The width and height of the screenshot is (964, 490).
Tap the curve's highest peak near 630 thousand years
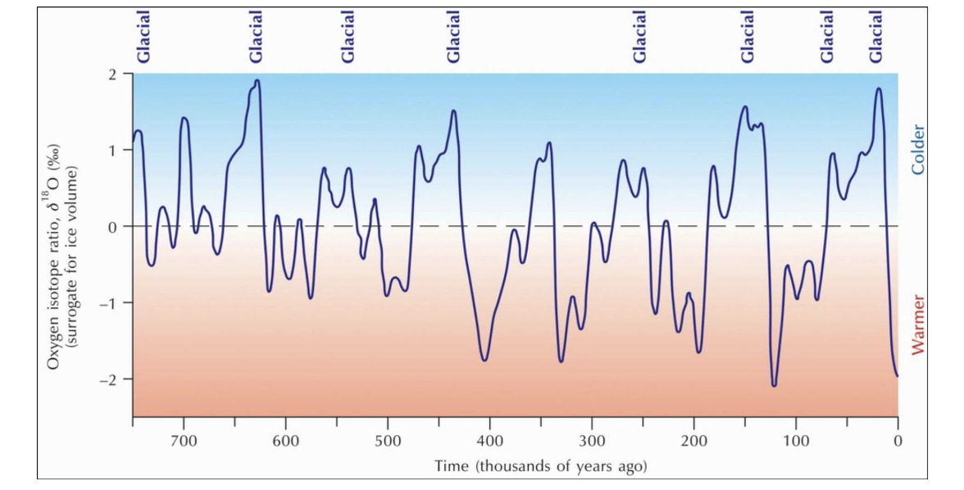click(x=257, y=80)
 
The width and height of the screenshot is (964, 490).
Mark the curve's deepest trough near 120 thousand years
click(x=773, y=385)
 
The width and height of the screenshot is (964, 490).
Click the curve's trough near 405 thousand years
click(x=484, y=360)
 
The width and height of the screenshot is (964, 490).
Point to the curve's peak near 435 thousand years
click(x=453, y=111)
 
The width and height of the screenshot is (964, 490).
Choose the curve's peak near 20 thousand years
click(x=878, y=88)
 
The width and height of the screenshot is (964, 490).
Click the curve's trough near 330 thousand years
click(x=562, y=361)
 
